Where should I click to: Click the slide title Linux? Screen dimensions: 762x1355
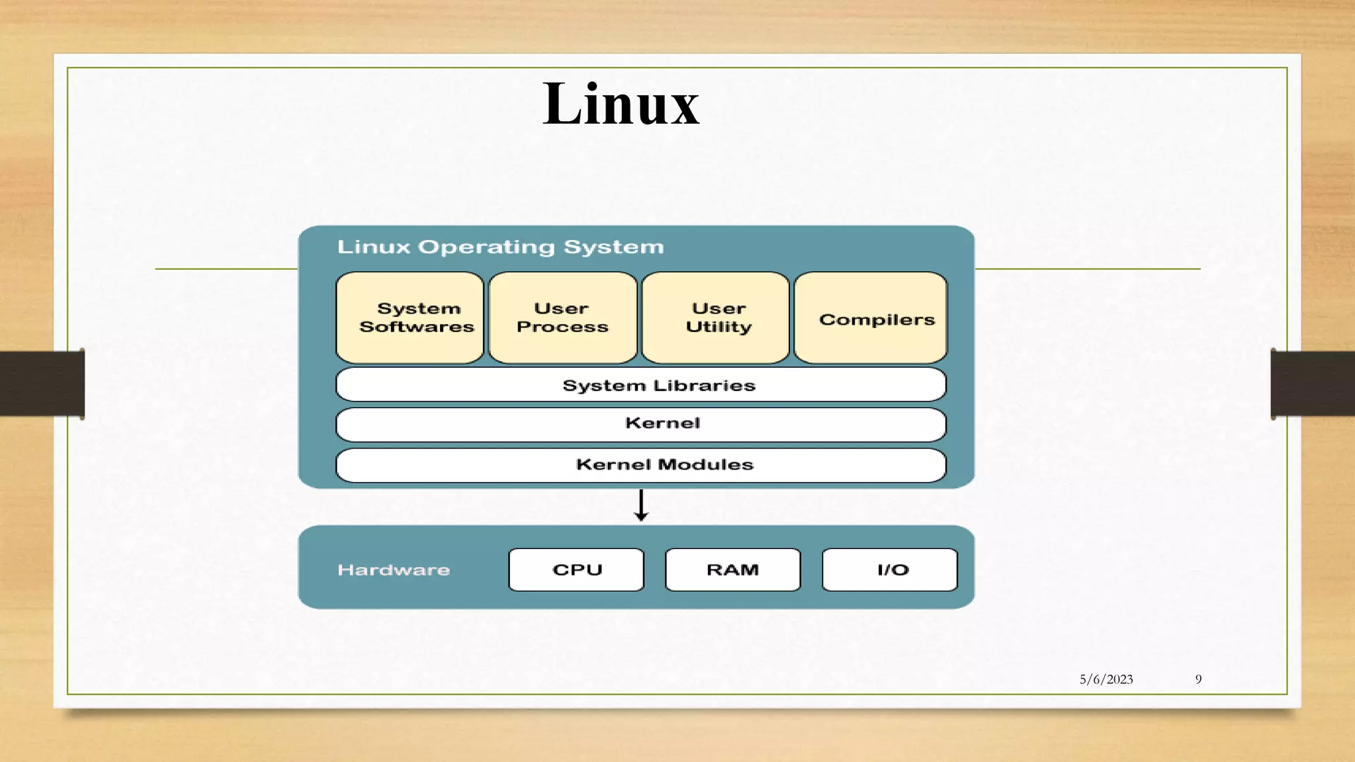[621, 105]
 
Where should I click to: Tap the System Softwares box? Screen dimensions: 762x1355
[410, 317]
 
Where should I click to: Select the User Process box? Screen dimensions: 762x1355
[562, 317]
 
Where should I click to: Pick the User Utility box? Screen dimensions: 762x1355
[716, 317]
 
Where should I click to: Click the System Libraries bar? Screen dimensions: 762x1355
[640, 385]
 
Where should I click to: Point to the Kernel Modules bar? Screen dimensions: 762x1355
[640, 465]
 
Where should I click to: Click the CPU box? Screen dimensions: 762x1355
[576, 570]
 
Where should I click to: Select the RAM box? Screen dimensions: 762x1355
[732, 570]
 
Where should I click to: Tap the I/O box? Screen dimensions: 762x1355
[890, 570]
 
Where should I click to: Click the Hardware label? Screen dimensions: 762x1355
[394, 570]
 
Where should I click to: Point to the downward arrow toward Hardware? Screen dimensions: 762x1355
[640, 506]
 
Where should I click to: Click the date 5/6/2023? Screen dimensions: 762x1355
[1106, 679]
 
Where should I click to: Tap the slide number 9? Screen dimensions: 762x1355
[1198, 679]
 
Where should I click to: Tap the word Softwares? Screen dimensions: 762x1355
[417, 327]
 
